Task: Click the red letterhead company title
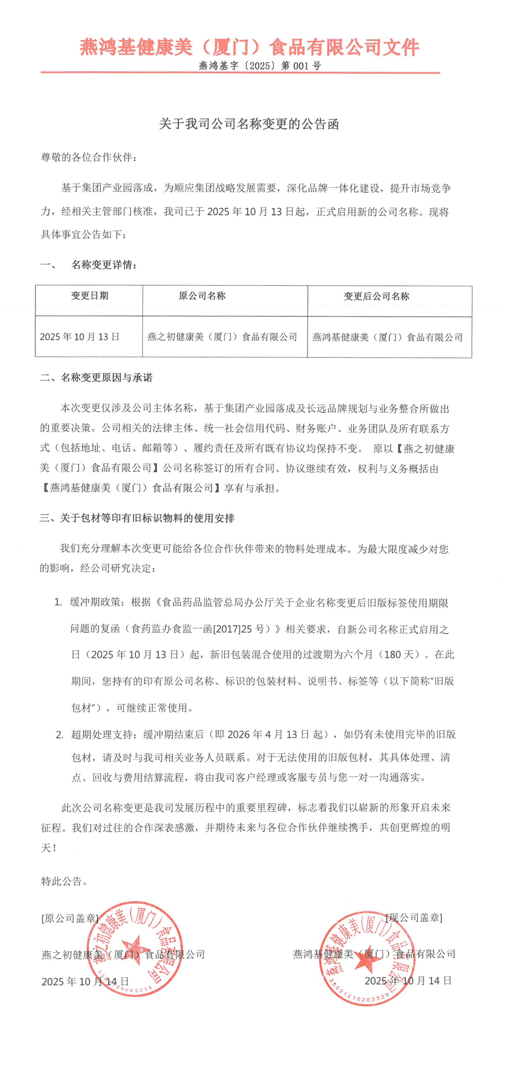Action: (250, 47)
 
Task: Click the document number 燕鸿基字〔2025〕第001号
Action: (260, 66)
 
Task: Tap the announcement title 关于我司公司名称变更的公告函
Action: (249, 124)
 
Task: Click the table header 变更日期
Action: (89, 296)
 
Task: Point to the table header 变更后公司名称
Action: (376, 296)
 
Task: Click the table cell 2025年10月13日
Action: (80, 337)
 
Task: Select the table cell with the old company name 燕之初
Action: (222, 337)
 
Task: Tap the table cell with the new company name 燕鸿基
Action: (387, 337)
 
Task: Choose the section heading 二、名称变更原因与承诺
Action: (96, 377)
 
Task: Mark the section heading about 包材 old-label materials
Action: (137, 518)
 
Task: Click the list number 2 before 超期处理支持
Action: (59, 734)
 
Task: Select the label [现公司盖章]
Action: (414, 918)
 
